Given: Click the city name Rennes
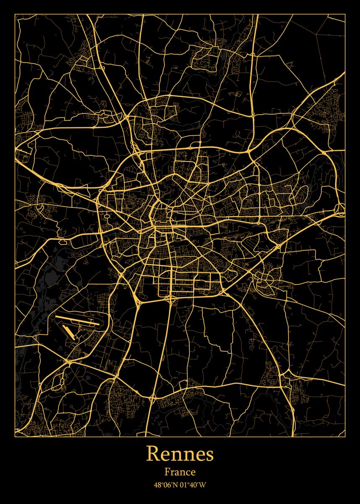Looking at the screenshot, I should [180, 454].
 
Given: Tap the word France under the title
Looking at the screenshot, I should [180, 472].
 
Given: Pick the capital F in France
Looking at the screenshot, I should [167, 472].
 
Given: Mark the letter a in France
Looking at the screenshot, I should [176, 473].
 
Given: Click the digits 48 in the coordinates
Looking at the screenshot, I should [157, 485].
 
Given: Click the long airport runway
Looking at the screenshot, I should [78, 320].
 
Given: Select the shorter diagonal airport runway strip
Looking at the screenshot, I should [69, 332].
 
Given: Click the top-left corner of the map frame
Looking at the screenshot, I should [15, 14].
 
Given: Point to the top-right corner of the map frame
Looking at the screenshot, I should [345, 14].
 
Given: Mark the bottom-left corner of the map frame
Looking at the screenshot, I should [15, 436].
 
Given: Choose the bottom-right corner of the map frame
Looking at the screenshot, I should [345, 436].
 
